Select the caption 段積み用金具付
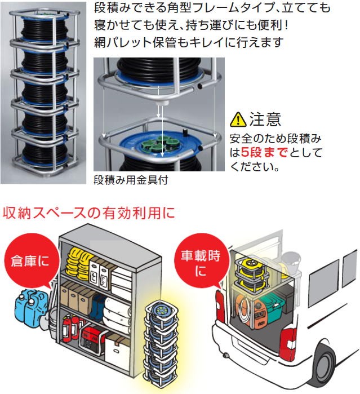(131, 180)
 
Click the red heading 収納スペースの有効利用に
(89, 213)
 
